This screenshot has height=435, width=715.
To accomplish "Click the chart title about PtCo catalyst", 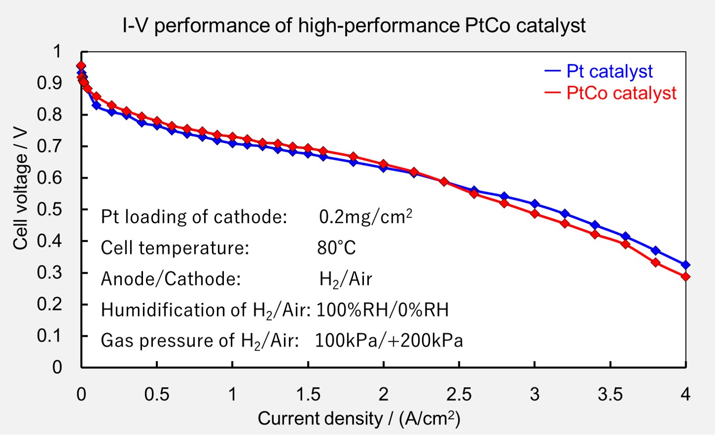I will [x=354, y=25].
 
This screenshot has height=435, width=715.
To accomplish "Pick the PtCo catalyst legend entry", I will [x=621, y=93].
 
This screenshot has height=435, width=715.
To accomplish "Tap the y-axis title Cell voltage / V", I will [x=20, y=188].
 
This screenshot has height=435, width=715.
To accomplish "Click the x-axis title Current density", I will [x=358, y=419].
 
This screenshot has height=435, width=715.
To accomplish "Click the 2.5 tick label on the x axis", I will [x=459, y=394].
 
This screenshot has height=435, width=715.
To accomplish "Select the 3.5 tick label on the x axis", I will [x=610, y=394].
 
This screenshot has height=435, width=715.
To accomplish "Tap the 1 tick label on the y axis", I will [x=57, y=52].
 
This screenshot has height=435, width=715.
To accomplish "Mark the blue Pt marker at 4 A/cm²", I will [x=686, y=265].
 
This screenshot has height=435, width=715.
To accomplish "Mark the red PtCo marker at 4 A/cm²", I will [x=686, y=277].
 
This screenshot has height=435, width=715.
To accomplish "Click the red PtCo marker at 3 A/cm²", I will [x=535, y=214].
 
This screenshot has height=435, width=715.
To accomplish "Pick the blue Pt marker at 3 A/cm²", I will [x=535, y=204].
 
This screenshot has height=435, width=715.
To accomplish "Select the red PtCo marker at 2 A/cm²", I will [x=383, y=164].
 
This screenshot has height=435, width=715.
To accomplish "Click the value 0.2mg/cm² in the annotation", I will [x=365, y=217].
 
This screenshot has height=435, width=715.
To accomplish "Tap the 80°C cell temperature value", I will [x=336, y=248].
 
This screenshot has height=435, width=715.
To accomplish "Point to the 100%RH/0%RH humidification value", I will [x=382, y=310].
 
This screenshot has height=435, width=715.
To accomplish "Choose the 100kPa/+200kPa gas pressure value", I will [x=389, y=341].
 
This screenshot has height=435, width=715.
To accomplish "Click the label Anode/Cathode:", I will [x=171, y=279].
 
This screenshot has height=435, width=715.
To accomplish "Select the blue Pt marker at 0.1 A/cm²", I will [x=96, y=105].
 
